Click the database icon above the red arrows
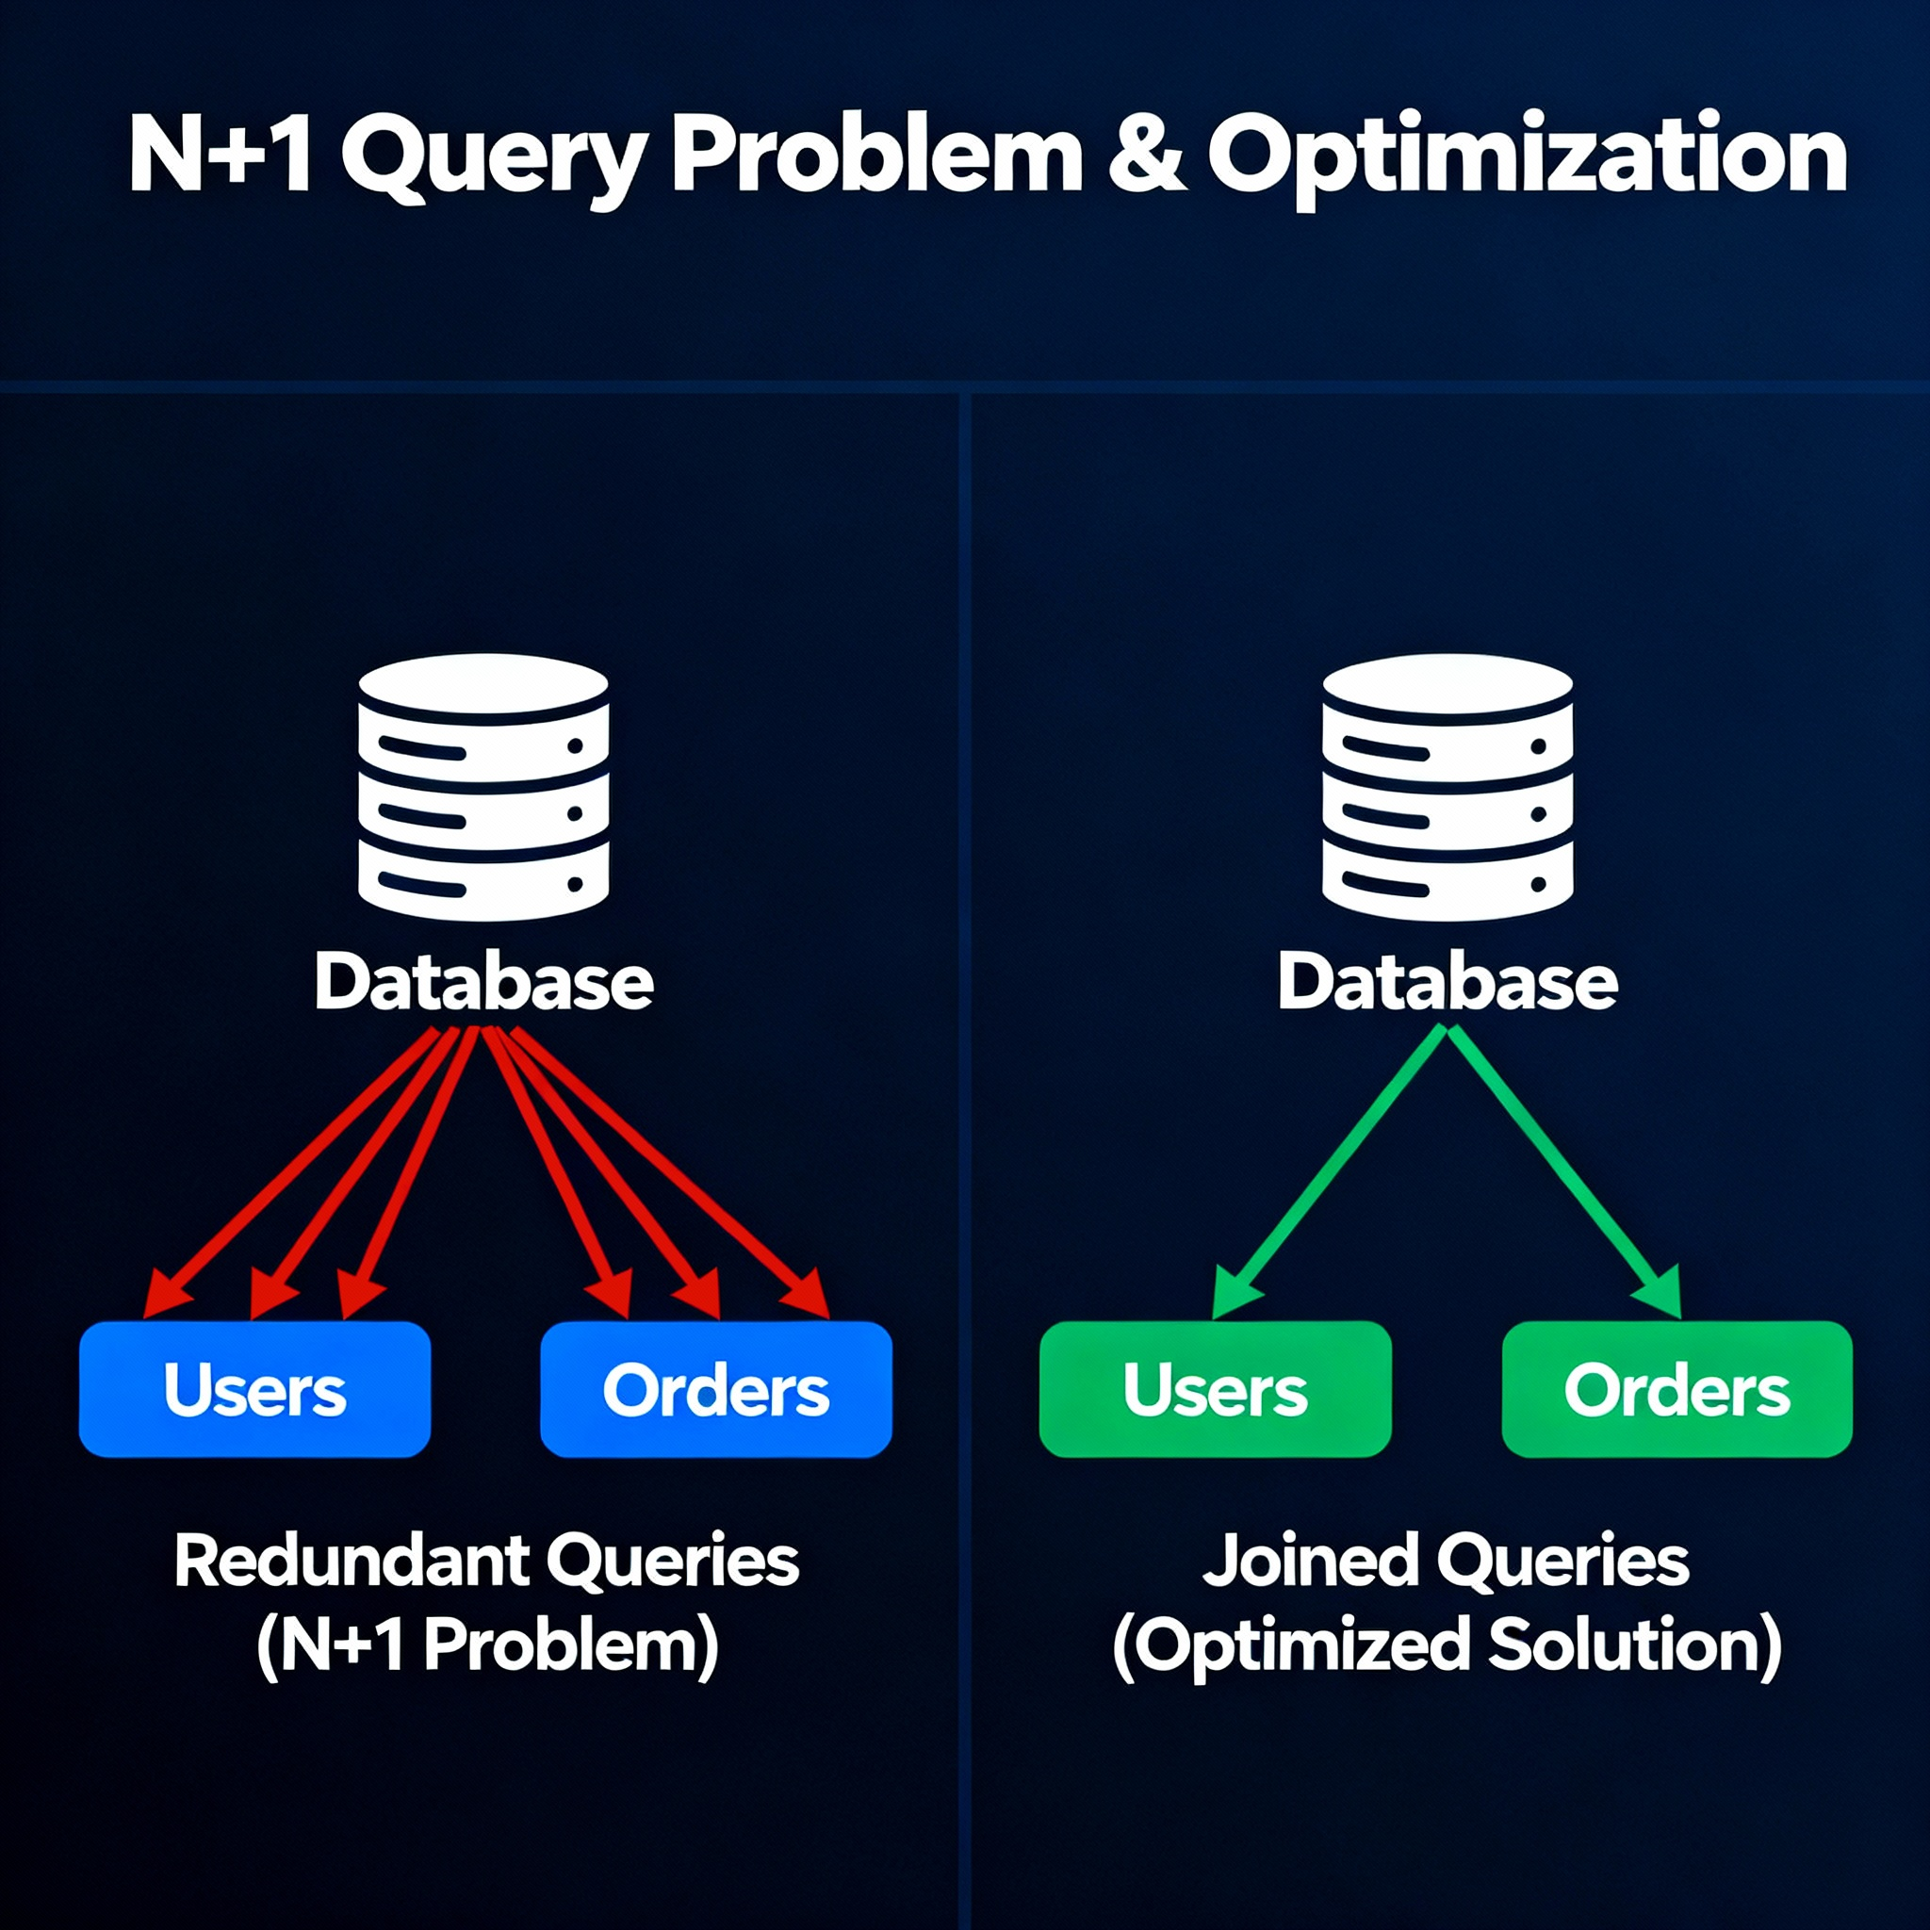coord(483,786)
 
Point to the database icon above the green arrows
coord(1447,786)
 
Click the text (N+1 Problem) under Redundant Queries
coord(487,1644)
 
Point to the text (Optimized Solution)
coord(1447,1646)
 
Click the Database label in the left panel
coord(483,982)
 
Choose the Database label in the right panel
coord(1447,982)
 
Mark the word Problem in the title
coord(877,155)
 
